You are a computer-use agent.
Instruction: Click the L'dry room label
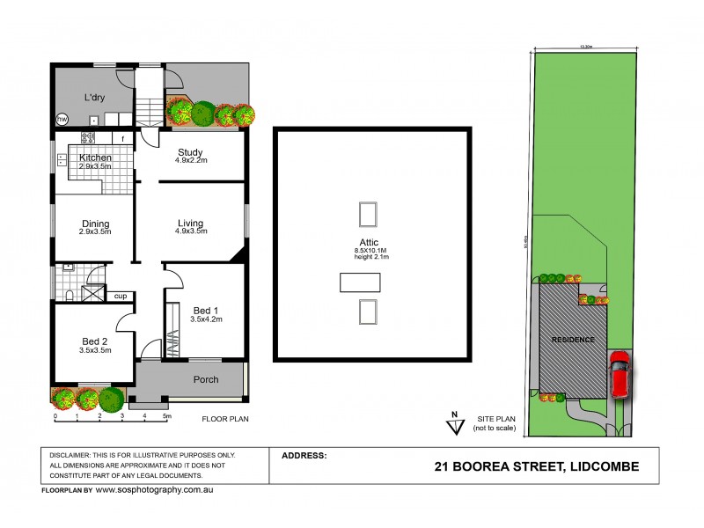click(x=95, y=97)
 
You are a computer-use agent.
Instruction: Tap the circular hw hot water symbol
click(x=62, y=119)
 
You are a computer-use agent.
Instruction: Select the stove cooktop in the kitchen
click(x=88, y=137)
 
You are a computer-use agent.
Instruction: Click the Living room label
click(x=190, y=223)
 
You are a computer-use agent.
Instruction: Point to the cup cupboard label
click(x=121, y=297)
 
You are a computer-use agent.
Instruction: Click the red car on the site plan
click(x=620, y=374)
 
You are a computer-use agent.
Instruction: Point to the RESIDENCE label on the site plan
click(x=573, y=340)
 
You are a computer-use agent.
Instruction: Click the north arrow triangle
click(x=455, y=427)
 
